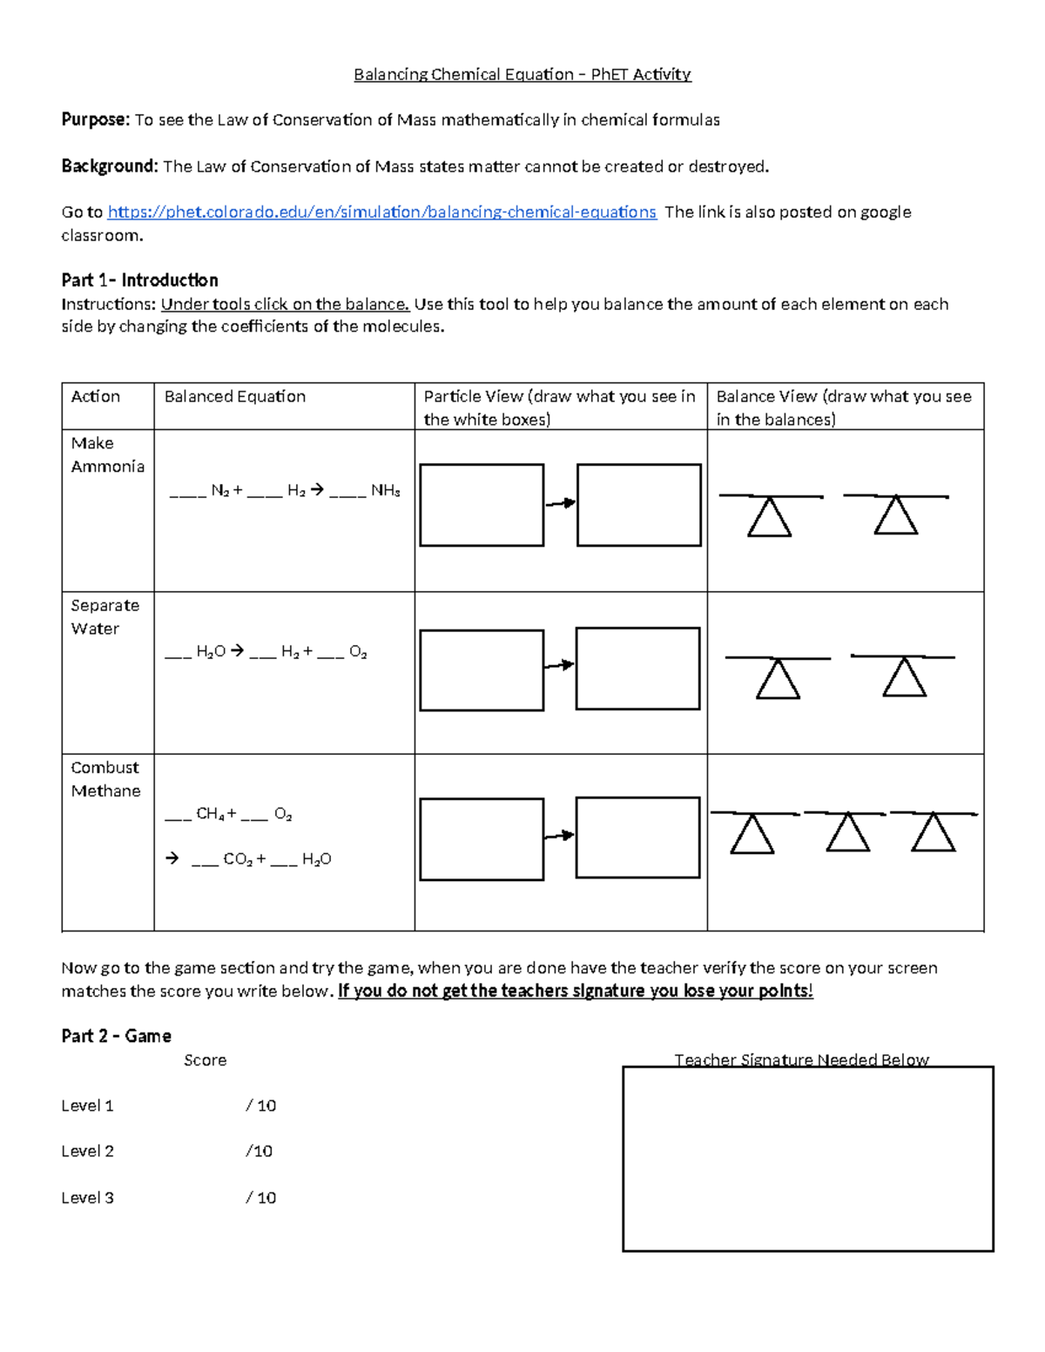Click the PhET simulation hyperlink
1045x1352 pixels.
click(381, 212)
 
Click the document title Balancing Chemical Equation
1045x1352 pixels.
click(522, 74)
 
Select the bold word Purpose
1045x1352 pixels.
click(95, 120)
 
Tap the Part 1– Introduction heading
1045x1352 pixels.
click(139, 280)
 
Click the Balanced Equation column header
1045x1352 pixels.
click(235, 397)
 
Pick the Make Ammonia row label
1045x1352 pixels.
click(107, 454)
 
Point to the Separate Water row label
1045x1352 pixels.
click(104, 616)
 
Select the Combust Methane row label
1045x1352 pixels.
click(105, 779)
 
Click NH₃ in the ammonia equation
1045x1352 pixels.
click(386, 491)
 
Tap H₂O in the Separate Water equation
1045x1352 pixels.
click(211, 652)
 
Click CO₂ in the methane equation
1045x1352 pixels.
click(238, 859)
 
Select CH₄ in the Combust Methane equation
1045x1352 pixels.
click(211, 814)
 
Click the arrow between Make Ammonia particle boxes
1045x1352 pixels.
click(560, 503)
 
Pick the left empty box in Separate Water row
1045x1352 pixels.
click(482, 670)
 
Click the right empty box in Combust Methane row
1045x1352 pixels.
click(638, 837)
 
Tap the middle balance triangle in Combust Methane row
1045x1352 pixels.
click(847, 833)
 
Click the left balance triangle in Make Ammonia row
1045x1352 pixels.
click(770, 518)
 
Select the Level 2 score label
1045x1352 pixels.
click(87, 1151)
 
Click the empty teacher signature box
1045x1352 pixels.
click(807, 1160)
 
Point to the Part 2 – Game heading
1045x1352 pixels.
click(116, 1036)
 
